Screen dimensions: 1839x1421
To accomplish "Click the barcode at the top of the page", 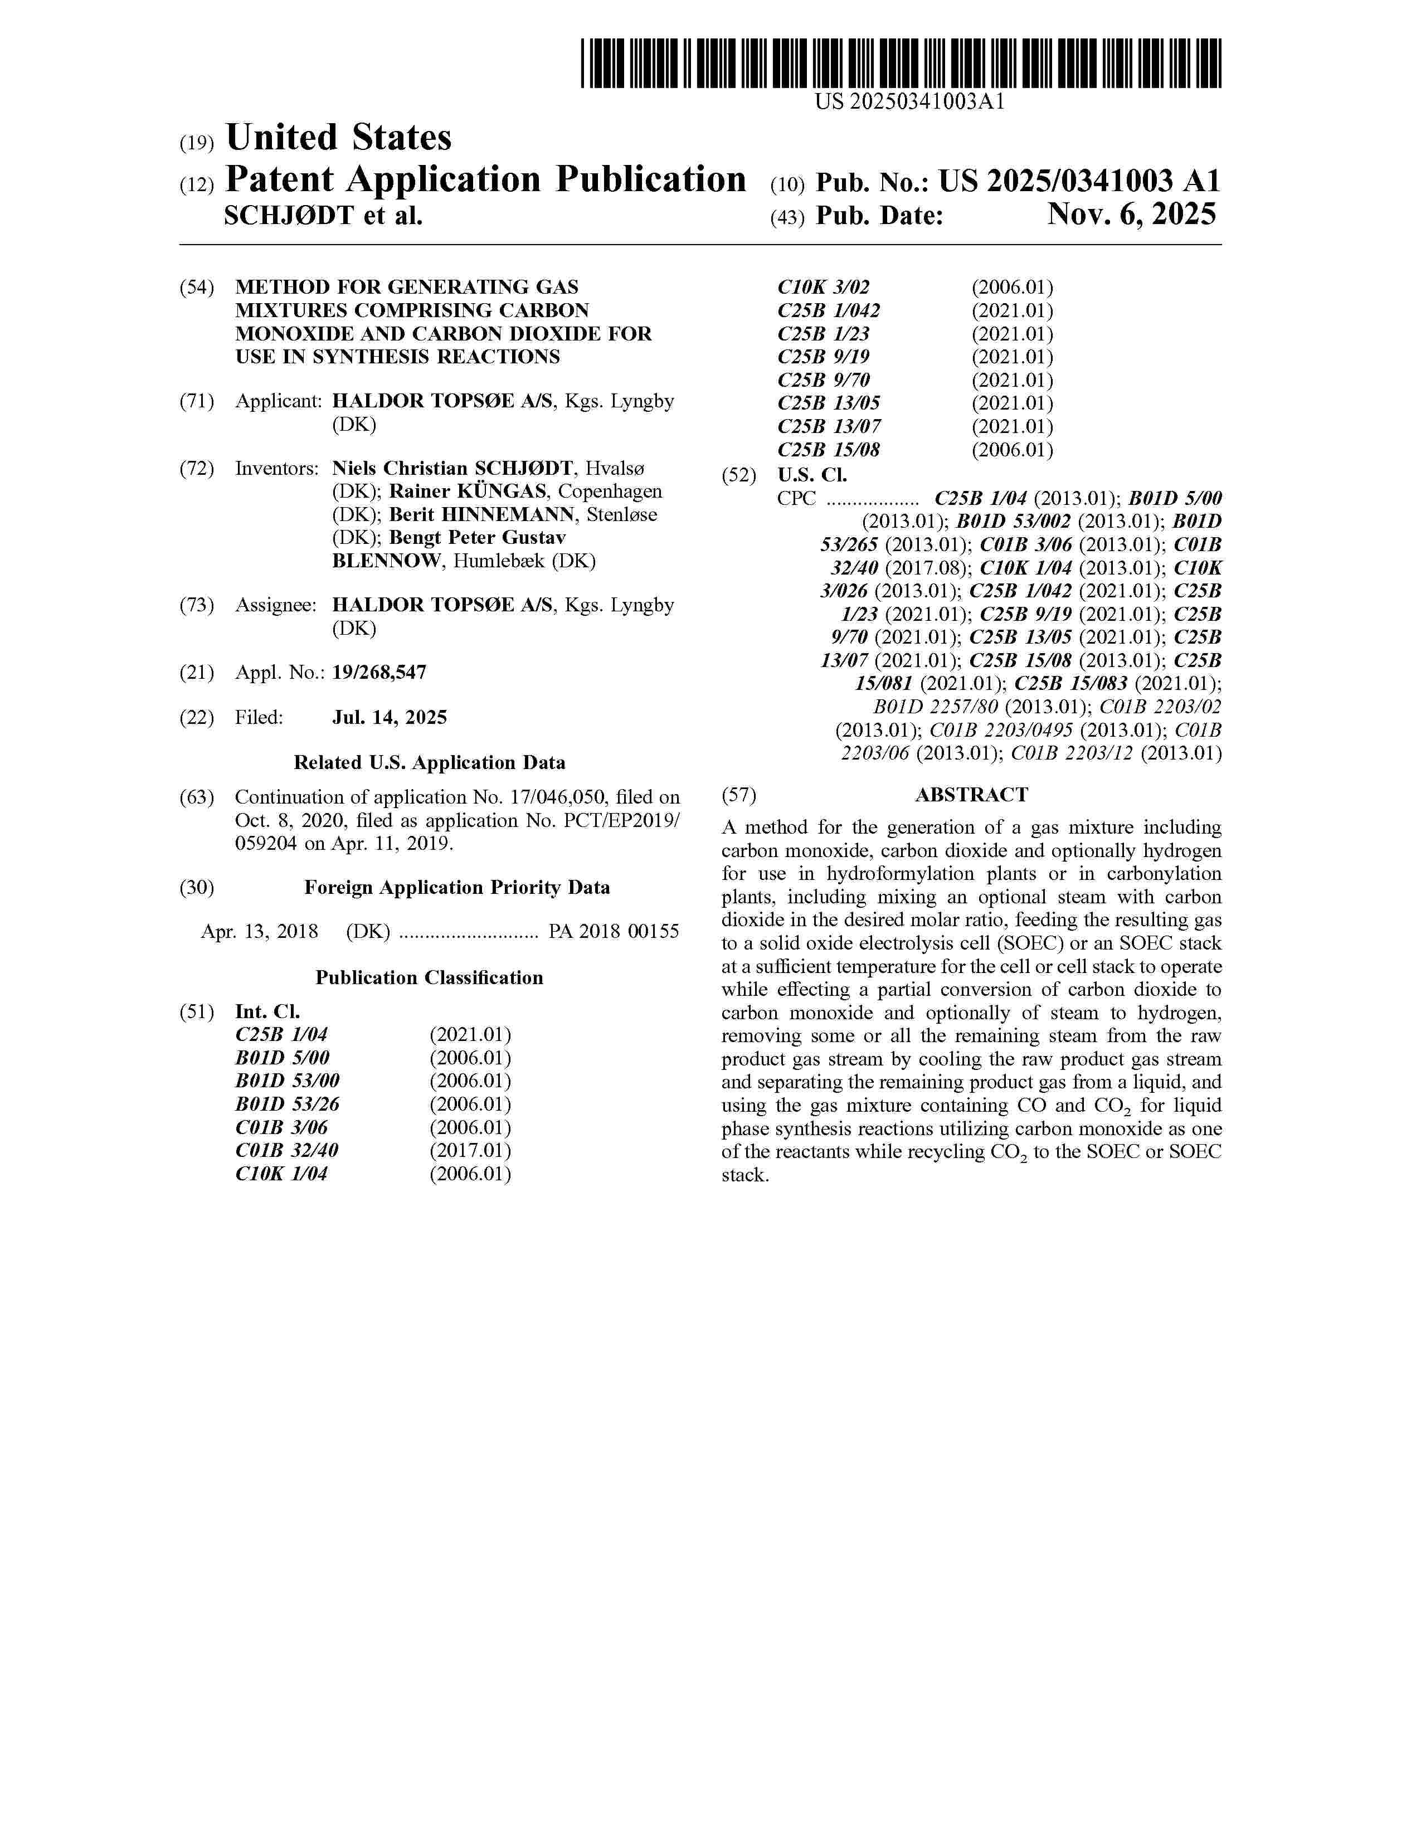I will (901, 63).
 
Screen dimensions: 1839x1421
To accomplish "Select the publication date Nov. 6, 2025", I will (1131, 216).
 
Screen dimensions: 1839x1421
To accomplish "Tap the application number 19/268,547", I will (379, 673).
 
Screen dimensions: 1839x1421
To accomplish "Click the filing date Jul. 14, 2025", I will (389, 717).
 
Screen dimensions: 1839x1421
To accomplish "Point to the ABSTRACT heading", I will (971, 795).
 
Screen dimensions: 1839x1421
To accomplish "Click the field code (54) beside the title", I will (196, 287).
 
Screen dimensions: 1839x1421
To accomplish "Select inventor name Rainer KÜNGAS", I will (467, 492).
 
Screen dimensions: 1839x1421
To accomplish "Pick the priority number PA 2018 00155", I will (614, 931).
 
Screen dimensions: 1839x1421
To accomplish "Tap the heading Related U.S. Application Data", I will (429, 763).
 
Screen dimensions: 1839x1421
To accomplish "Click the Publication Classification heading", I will (429, 977).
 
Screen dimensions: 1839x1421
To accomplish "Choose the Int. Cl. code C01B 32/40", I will (287, 1150).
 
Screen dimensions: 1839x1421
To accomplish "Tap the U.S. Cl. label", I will (812, 475).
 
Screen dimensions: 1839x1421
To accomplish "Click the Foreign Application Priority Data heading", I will (456, 888).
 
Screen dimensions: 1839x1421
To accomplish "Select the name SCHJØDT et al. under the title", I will (323, 216).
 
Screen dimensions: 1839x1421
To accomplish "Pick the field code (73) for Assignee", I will (196, 605).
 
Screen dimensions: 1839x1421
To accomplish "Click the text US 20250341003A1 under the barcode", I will (909, 103).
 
